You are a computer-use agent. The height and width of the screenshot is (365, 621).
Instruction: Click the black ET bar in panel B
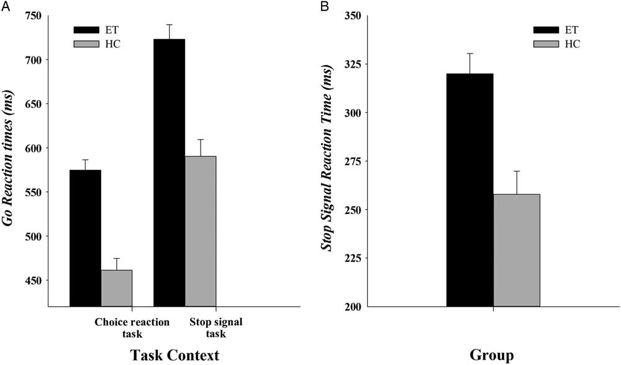[469, 190]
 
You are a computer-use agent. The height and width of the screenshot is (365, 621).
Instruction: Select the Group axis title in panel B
[492, 355]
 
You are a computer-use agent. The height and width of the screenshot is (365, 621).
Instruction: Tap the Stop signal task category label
[214, 328]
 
